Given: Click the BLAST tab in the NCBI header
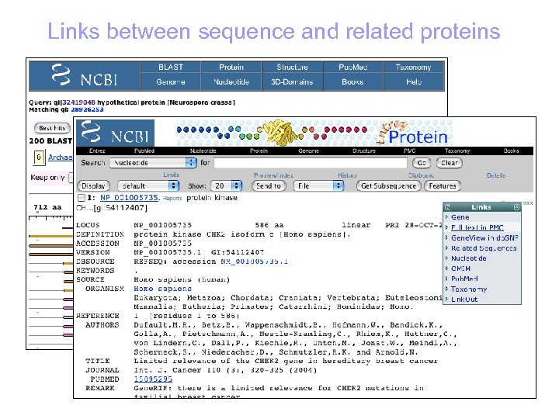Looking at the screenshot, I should tap(170, 68).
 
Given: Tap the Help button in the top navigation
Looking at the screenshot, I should tap(414, 81).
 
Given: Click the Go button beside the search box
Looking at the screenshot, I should tap(422, 163).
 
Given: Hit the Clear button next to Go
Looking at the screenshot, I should tap(450, 163).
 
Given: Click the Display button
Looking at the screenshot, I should tap(93, 186).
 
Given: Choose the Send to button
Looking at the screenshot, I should tap(269, 186).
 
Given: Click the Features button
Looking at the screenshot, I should tap(443, 186).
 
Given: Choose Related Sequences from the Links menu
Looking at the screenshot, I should tap(484, 248).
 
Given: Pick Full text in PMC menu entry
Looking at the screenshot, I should tap(477, 227).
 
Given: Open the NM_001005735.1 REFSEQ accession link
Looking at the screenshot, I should tap(253, 261).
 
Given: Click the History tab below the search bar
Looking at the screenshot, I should tap(347, 175).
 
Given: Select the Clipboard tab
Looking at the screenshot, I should tap(422, 175).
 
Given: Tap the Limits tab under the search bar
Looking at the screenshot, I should tap(172, 175).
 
